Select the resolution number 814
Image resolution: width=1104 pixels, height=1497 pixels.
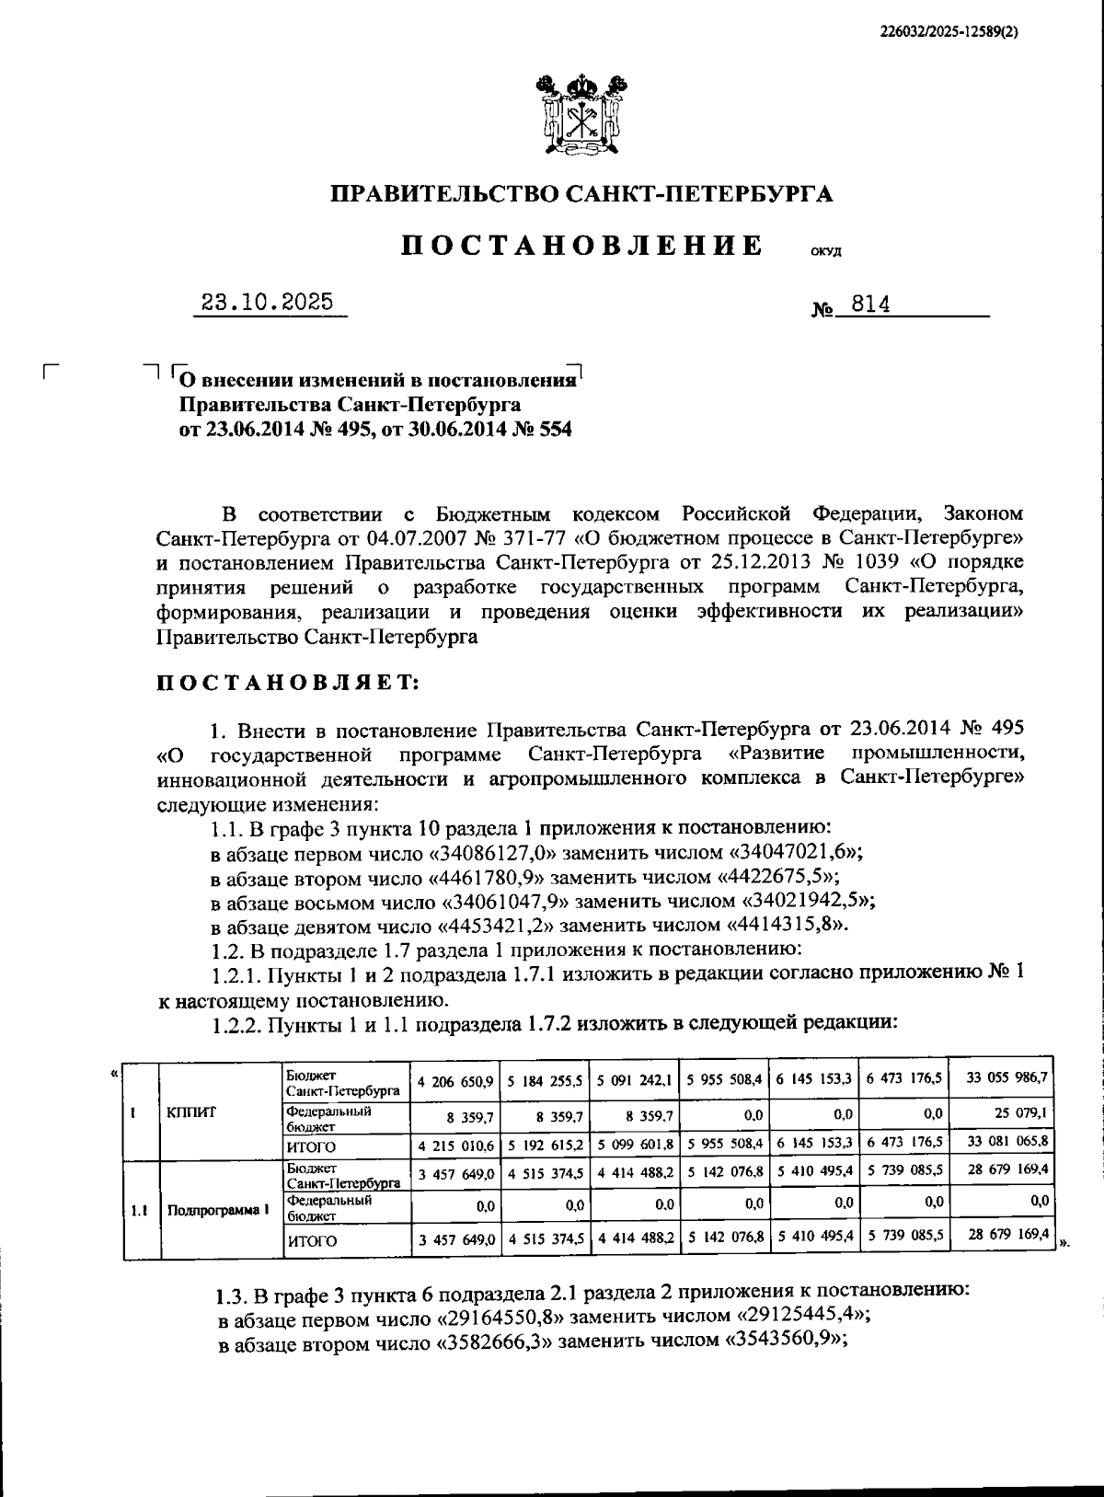click(870, 305)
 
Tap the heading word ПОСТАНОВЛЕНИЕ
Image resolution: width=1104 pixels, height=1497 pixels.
click(582, 246)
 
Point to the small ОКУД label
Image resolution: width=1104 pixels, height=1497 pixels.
click(825, 252)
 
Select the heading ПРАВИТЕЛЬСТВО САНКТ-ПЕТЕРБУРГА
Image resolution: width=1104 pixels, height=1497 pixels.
click(581, 194)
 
